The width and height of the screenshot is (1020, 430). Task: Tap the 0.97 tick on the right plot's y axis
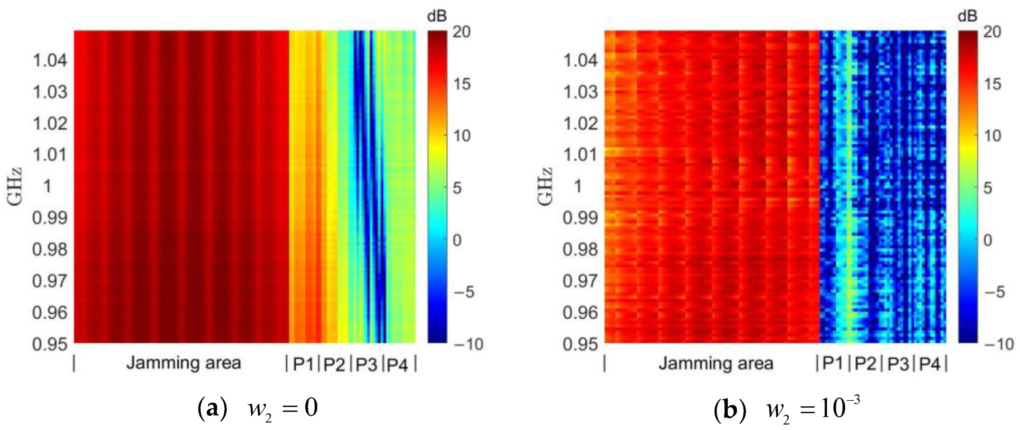coord(580,281)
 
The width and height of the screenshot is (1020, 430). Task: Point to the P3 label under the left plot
coord(366,364)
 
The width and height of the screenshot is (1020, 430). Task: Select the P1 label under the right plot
coord(833,363)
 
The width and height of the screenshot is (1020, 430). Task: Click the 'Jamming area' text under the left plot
coord(183,363)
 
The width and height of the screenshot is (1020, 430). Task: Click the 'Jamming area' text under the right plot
coord(716,363)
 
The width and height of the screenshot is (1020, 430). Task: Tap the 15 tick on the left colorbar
coord(461,84)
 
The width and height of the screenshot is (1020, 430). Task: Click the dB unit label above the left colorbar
coord(437,16)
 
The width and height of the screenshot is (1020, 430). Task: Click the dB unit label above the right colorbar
coord(967,16)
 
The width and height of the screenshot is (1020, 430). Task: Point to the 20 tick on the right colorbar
coord(992,32)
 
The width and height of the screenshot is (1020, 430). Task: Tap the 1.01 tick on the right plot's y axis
coord(580,155)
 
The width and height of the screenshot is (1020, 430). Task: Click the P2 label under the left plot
coord(334,364)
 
